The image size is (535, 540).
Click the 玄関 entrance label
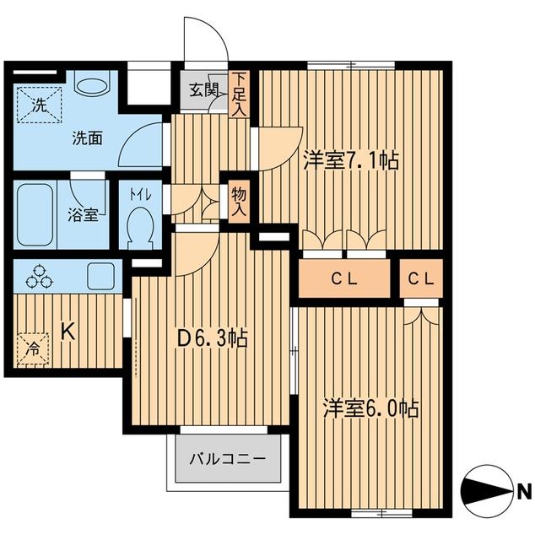pos(203,90)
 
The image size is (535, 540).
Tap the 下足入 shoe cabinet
pos(239,94)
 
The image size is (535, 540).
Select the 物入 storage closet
pos(239,202)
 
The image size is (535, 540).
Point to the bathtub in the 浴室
pos(35,214)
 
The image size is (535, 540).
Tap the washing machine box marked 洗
pos(40,105)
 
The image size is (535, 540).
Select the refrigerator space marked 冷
pos(33,349)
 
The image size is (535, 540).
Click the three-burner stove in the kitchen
pos(40,277)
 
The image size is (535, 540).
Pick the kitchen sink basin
pos(100,276)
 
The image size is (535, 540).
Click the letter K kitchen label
pos(68,332)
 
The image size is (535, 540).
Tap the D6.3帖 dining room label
pos(212,340)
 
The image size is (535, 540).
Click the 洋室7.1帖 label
pos(351,160)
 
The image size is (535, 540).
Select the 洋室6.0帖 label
pos(370,408)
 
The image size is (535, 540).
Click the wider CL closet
pos(344,278)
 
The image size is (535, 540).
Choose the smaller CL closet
pos(421,278)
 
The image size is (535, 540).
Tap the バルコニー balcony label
pos(228,459)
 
